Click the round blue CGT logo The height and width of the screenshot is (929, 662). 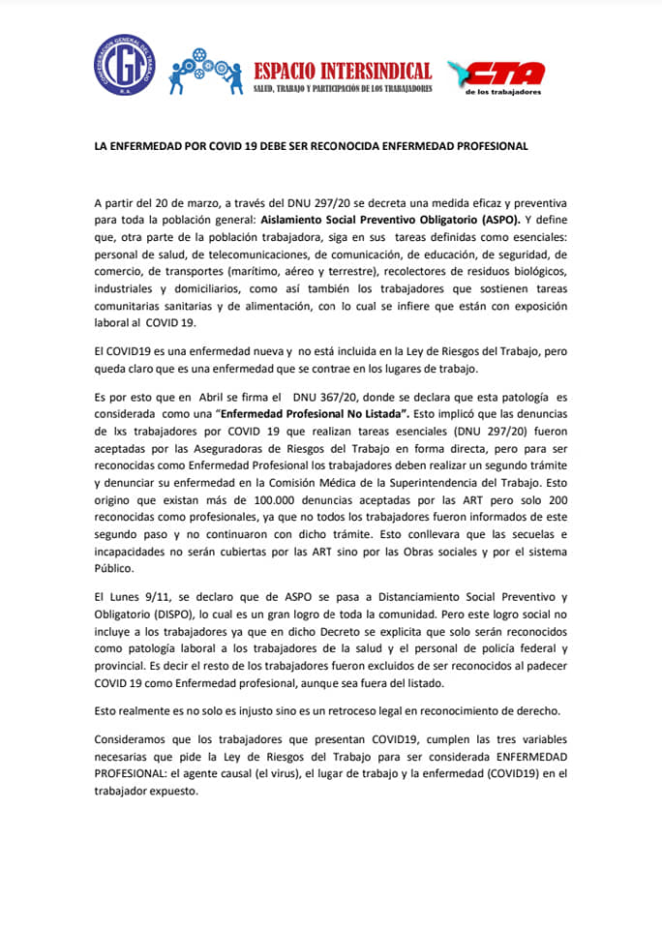(x=124, y=68)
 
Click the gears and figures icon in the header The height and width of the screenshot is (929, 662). (x=204, y=71)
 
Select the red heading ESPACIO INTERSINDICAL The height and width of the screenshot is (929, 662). (x=342, y=71)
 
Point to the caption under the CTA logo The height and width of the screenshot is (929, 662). (x=502, y=92)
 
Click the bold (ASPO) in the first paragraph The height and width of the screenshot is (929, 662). (x=510, y=220)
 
